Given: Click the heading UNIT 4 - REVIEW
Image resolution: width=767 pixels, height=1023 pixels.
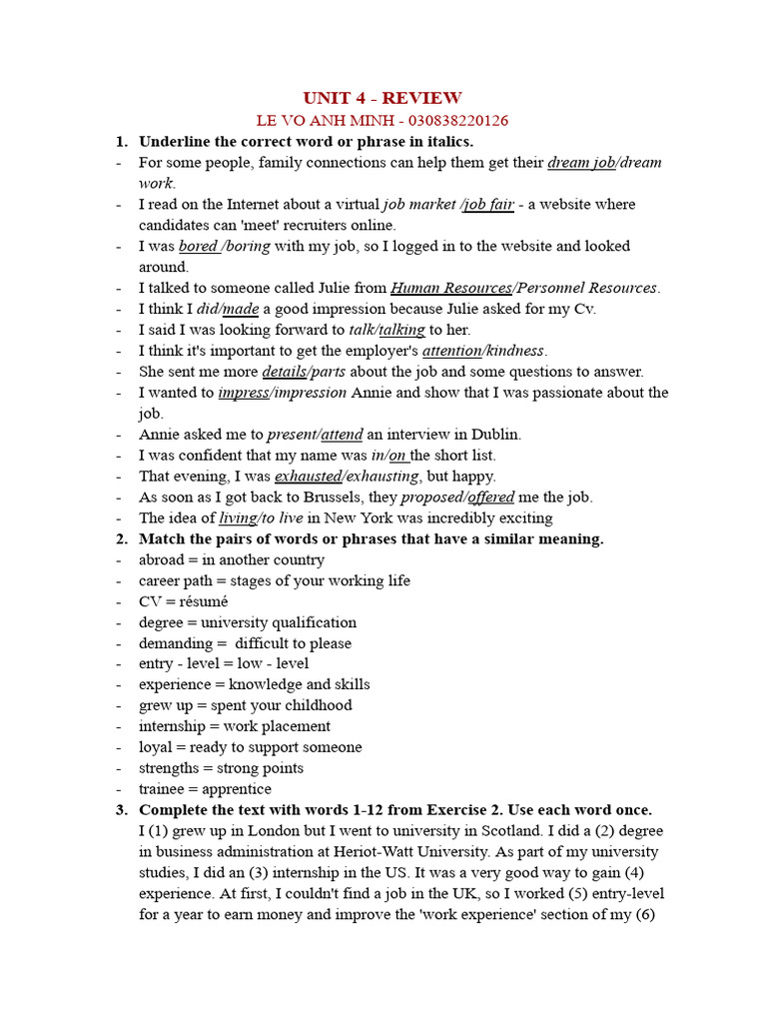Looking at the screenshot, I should [x=383, y=98].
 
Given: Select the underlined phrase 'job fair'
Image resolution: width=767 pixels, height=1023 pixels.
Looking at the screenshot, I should [x=489, y=204].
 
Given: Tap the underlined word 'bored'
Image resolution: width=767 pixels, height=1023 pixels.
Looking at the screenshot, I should [x=198, y=246].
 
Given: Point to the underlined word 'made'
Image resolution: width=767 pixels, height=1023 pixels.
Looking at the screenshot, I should [x=241, y=309].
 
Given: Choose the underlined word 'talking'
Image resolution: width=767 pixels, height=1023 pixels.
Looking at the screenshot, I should [x=402, y=330].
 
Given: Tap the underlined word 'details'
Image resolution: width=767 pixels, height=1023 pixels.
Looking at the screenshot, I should [x=284, y=372].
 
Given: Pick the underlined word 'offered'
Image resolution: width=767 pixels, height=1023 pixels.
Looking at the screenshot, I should [x=490, y=498].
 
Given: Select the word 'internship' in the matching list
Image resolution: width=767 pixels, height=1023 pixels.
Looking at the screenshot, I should [x=177, y=726].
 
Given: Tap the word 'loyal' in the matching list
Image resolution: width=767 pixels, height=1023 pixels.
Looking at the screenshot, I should [x=157, y=747].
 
